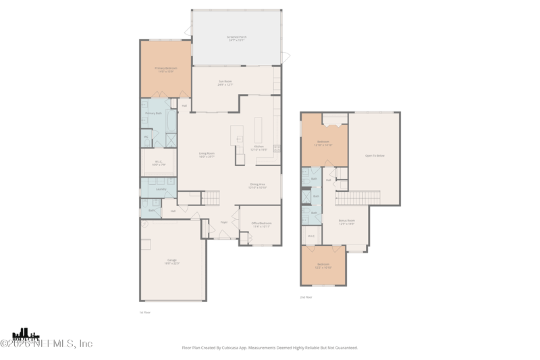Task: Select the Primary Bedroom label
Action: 165,68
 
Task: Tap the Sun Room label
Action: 225,82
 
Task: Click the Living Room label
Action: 207,154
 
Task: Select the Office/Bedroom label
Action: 261,224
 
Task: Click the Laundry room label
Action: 161,189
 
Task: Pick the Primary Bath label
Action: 154,113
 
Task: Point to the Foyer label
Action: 223,222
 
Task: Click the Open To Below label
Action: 375,155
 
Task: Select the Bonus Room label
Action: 347,221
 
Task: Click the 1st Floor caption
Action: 144,312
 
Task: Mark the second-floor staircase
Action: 350,199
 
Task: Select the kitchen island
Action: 237,134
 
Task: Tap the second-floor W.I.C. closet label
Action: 311,236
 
